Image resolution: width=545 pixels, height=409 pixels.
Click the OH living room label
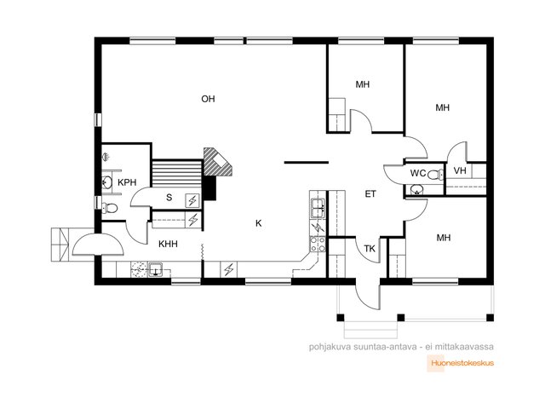[x=208, y=99]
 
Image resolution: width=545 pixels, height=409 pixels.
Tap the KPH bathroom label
[x=127, y=182]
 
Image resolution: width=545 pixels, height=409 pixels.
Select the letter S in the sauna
[x=169, y=198]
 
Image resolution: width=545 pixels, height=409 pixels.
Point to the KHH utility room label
[x=168, y=245]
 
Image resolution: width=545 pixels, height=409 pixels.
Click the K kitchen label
[x=258, y=223]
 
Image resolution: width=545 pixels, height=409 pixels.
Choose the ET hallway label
[x=370, y=194]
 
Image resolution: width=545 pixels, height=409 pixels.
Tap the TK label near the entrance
[x=370, y=249]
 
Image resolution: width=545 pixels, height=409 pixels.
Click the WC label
[x=417, y=173]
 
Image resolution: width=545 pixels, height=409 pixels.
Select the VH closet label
[x=460, y=170]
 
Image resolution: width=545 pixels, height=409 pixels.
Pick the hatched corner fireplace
[x=215, y=162]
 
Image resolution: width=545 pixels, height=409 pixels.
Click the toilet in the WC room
[x=435, y=174]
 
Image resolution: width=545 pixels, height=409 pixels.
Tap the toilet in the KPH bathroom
[x=110, y=208]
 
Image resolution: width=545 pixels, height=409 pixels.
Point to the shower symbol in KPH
[x=106, y=157]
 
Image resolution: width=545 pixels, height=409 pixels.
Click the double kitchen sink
[x=318, y=208]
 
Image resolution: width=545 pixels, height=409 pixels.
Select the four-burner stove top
[x=318, y=244]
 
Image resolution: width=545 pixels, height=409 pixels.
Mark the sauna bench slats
[x=177, y=173]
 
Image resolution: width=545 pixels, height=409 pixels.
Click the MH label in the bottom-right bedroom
[x=443, y=238]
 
